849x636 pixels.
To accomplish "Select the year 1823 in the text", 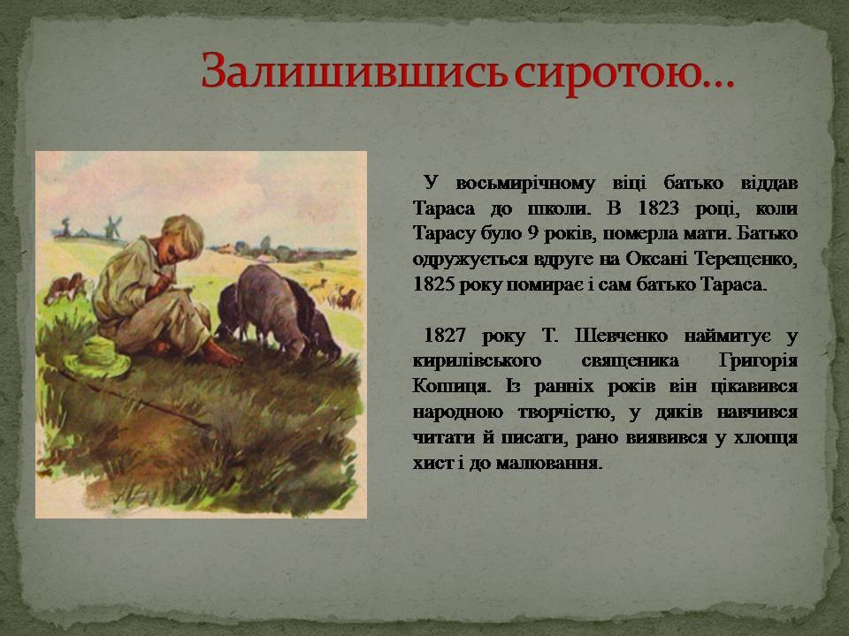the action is click(657, 208).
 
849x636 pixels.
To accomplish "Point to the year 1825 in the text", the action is click(432, 284).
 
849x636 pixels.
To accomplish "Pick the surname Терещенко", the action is click(746, 259).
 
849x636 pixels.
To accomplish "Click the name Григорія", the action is click(758, 361).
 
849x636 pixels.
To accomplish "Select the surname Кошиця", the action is click(452, 387).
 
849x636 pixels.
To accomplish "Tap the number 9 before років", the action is click(532, 233).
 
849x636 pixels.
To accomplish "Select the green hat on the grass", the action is click(98, 356).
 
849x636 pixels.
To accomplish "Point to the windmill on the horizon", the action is click(113, 225).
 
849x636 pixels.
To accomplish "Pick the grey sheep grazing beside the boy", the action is click(271, 309).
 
